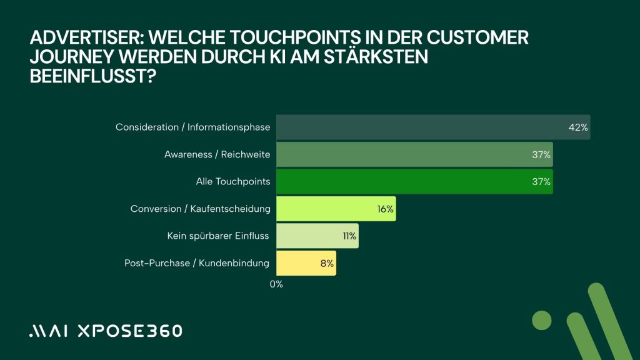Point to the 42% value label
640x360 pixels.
pyautogui.click(x=578, y=127)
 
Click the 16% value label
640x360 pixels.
pyautogui.click(x=385, y=209)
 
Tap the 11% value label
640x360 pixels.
pyautogui.click(x=349, y=236)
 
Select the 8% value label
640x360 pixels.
pyautogui.click(x=327, y=263)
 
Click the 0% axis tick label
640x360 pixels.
pyautogui.click(x=276, y=284)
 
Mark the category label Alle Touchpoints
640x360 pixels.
pyautogui.click(x=233, y=182)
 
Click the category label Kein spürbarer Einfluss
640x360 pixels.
pyautogui.click(x=218, y=236)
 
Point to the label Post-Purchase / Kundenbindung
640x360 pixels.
pyautogui.click(x=197, y=263)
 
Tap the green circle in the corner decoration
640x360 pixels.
pyautogui.click(x=542, y=320)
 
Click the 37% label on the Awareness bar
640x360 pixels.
pyautogui.click(x=541, y=154)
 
